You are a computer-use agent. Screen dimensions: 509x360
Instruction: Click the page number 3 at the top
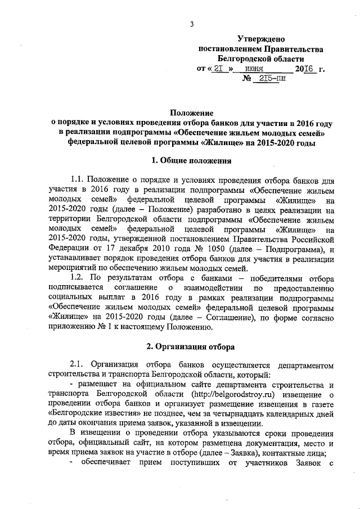(191, 24)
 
